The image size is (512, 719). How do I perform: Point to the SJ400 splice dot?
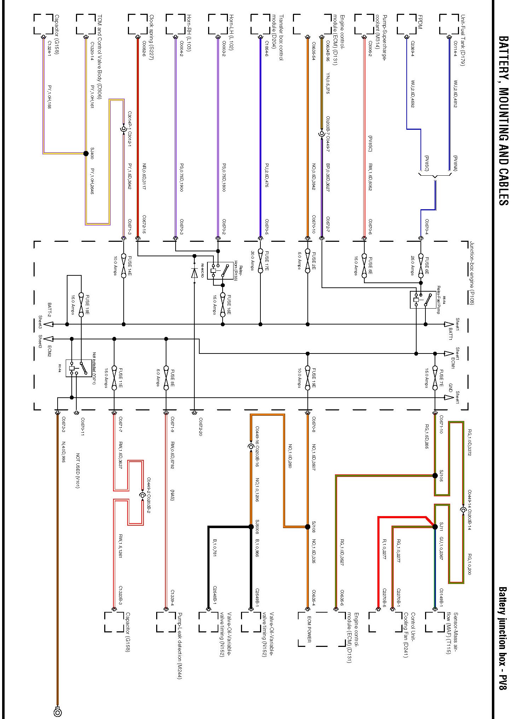click(86, 153)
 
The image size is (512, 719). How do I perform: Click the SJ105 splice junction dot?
click(435, 475)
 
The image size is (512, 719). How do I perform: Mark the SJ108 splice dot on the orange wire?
click(307, 527)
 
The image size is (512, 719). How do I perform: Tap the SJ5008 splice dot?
click(251, 527)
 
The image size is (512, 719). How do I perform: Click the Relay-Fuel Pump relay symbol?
click(423, 300)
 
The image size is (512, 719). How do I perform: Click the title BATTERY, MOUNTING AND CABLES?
click(503, 120)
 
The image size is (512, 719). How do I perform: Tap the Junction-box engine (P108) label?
click(472, 273)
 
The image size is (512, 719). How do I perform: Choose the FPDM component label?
click(420, 22)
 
